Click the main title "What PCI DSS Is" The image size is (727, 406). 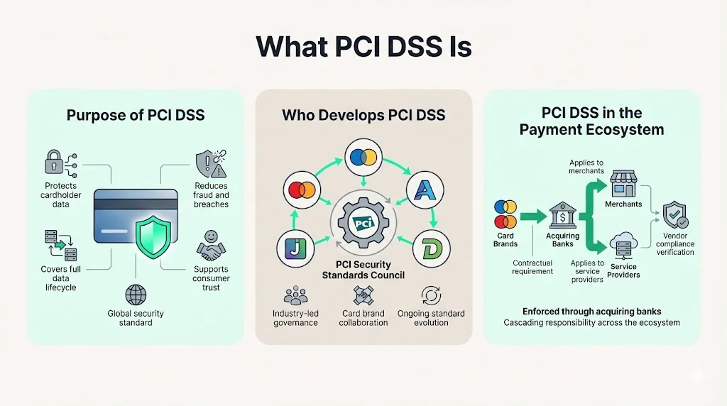pyautogui.click(x=363, y=46)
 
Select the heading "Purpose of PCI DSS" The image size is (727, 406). pyautogui.click(x=135, y=114)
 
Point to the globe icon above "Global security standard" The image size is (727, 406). pyautogui.click(x=135, y=295)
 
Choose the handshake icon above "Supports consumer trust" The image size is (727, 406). pyautogui.click(x=210, y=251)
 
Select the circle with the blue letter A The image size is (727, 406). pyautogui.click(x=425, y=190)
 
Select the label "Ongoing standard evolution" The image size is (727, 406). pyautogui.click(x=431, y=318)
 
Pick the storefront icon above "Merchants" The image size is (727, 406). pyautogui.click(x=623, y=183)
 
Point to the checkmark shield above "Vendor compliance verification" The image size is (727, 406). pyautogui.click(x=674, y=214)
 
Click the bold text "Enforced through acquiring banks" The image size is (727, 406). pyautogui.click(x=591, y=311)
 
